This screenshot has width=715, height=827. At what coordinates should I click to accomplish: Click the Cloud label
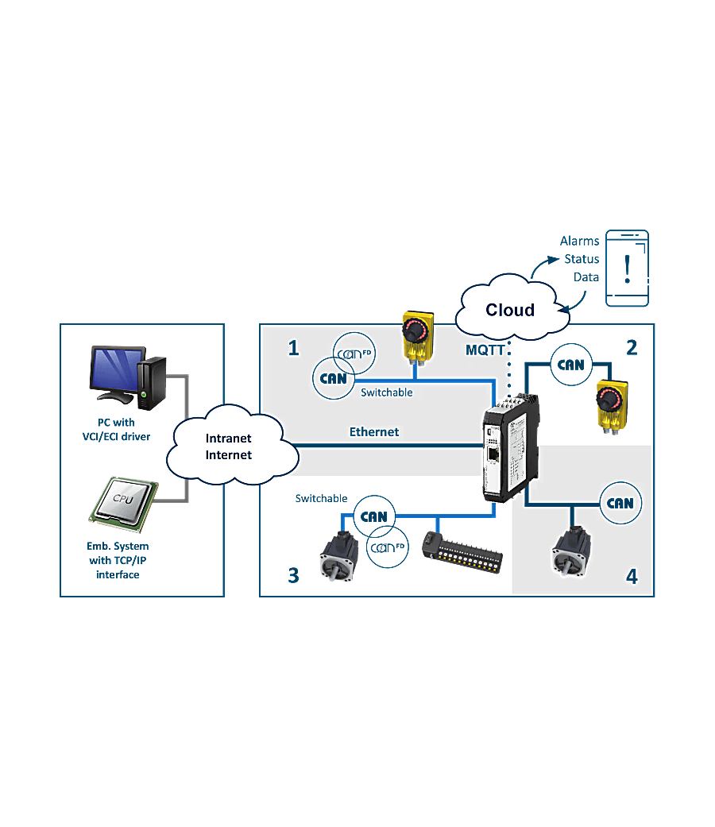click(510, 310)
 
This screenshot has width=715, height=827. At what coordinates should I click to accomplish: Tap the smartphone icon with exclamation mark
click(627, 268)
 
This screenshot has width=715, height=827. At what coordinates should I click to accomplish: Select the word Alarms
click(579, 241)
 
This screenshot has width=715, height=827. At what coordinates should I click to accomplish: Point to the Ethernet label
click(374, 432)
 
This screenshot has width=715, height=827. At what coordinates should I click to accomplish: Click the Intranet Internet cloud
click(232, 445)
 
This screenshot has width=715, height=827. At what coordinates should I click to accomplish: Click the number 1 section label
click(294, 348)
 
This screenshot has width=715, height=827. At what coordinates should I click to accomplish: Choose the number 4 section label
click(632, 577)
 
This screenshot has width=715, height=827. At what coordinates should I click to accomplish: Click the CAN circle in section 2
click(571, 365)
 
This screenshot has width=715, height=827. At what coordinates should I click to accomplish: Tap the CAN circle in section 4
click(620, 503)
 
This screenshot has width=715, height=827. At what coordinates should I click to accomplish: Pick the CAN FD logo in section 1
click(354, 354)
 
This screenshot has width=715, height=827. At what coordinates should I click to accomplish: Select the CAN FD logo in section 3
click(388, 547)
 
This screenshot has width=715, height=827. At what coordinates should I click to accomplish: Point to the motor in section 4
click(571, 551)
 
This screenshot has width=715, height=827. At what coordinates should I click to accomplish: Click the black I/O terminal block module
click(462, 553)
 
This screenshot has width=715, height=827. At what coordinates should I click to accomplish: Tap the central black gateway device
click(511, 447)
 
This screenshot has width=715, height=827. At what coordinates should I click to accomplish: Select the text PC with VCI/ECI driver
click(116, 429)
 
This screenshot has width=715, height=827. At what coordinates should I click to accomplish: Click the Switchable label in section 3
click(321, 498)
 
